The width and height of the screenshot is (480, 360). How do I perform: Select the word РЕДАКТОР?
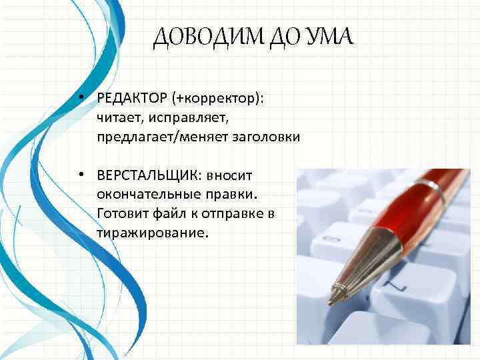pyautogui.click(x=132, y=99)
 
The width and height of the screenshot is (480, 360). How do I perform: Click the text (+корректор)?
pyautogui.click(x=218, y=99)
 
